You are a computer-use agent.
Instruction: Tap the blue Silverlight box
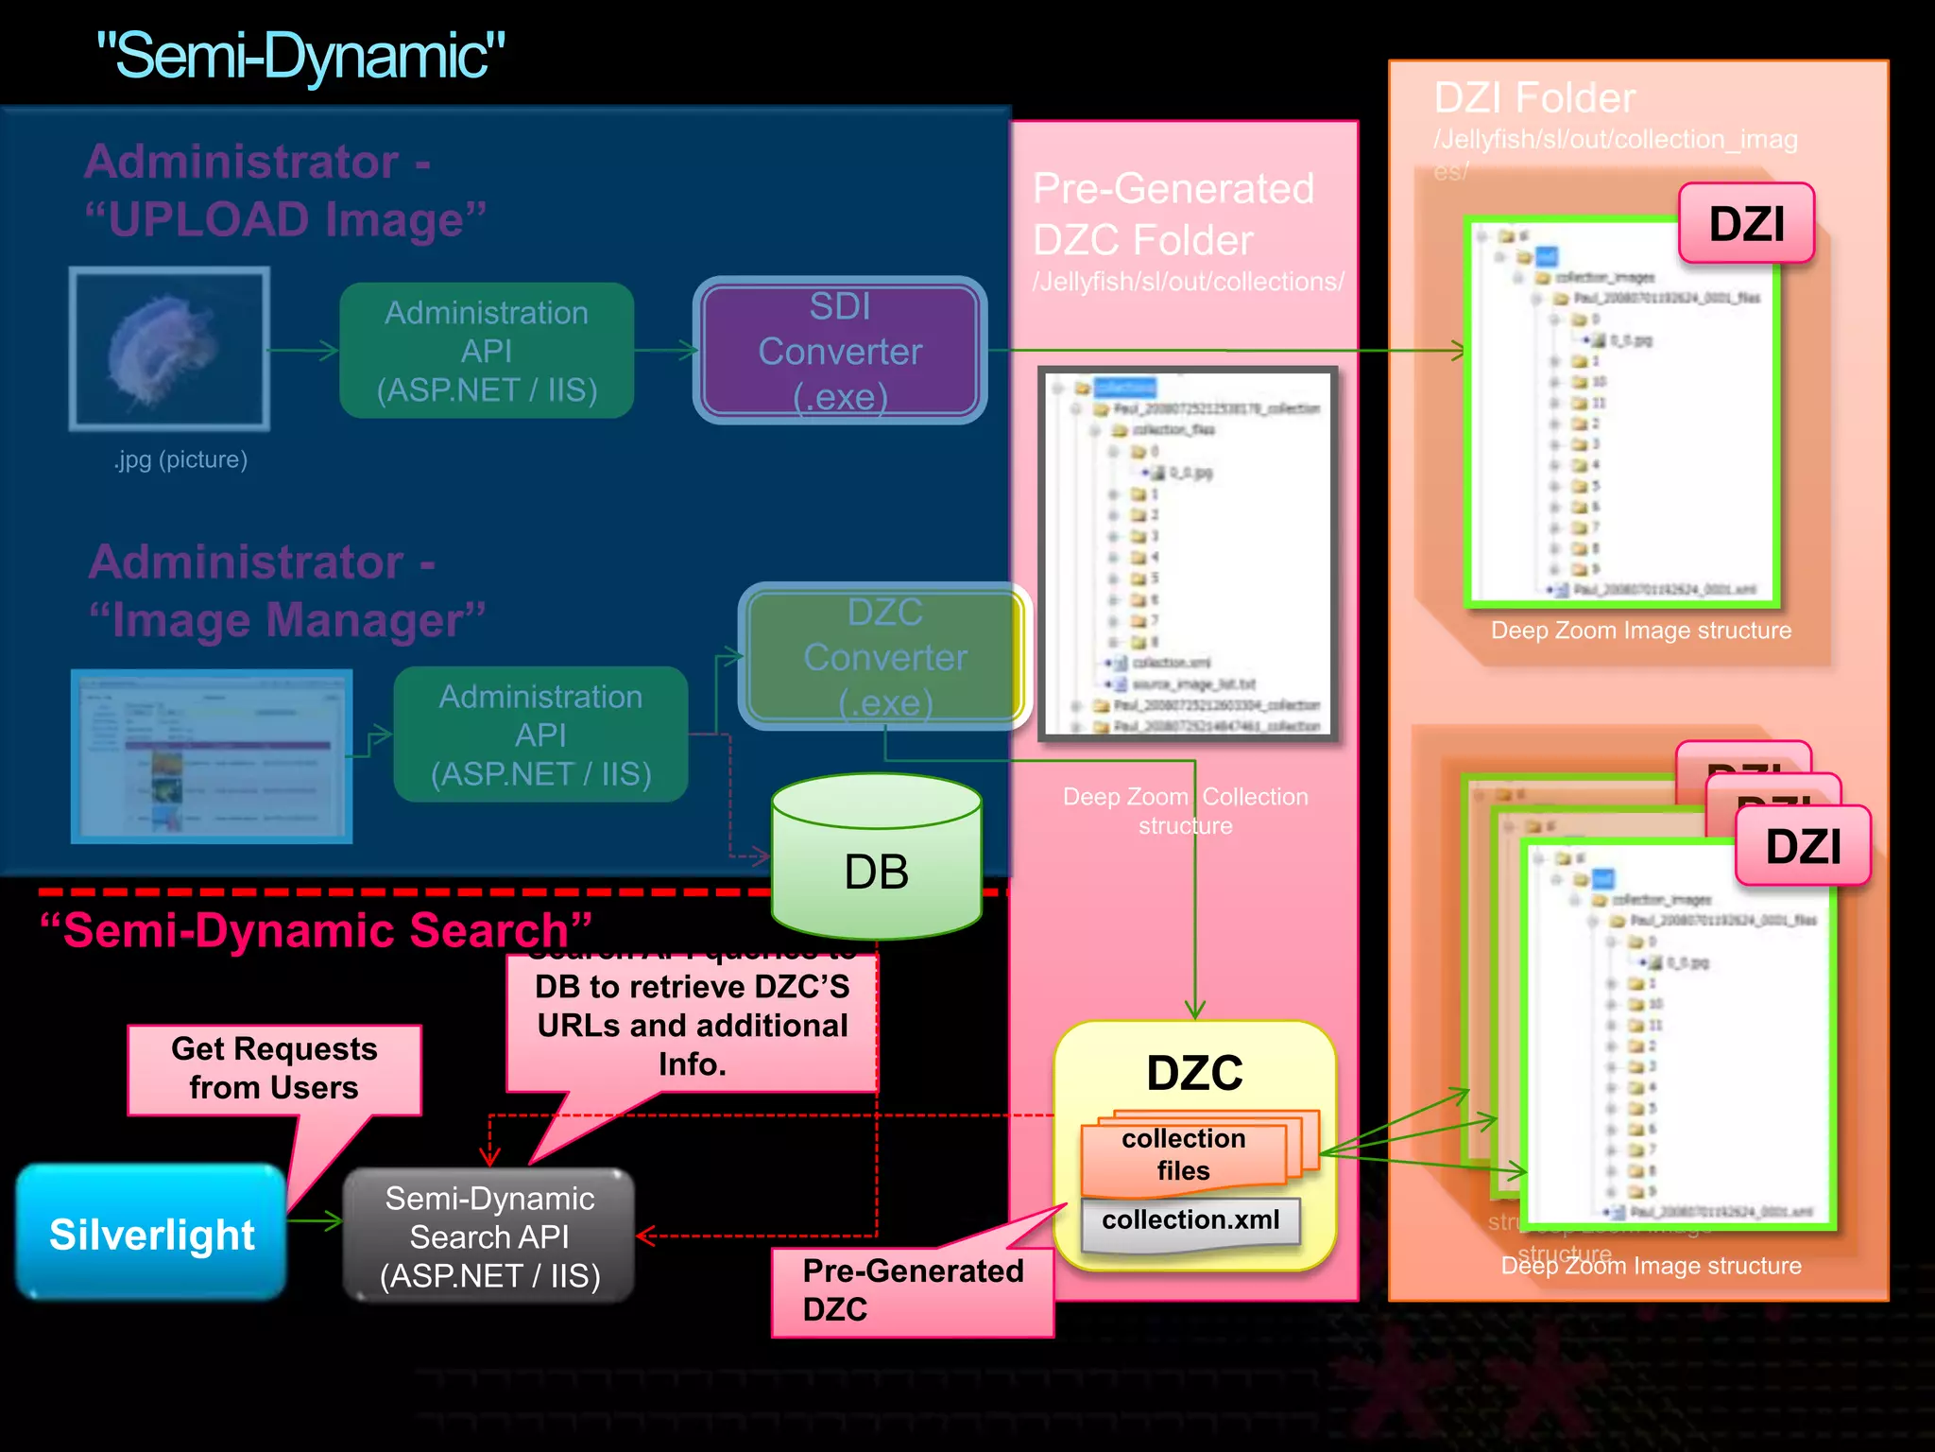[151, 1234]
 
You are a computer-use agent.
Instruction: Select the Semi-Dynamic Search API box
[489, 1236]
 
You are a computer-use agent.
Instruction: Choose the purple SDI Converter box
[840, 351]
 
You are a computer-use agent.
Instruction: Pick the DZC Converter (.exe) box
[884, 657]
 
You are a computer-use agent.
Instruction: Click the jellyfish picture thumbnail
[170, 349]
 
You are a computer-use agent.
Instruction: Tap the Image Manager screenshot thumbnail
[212, 756]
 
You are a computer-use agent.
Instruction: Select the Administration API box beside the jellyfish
[487, 351]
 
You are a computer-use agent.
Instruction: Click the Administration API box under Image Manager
[540, 735]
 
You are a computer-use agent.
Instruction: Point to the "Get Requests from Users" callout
[274, 1068]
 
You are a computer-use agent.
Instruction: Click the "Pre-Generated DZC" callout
[912, 1290]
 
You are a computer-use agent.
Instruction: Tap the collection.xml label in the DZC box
[1190, 1220]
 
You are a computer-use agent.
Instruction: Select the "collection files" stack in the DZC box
[1185, 1154]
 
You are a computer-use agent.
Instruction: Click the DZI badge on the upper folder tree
[1746, 224]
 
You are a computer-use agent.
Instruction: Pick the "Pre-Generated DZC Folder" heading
[1173, 215]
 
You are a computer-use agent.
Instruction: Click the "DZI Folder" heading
[1534, 98]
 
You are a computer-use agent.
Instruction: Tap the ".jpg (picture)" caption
[180, 460]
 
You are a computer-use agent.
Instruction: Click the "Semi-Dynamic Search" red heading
[316, 930]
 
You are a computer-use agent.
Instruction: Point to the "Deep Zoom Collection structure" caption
[1185, 811]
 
